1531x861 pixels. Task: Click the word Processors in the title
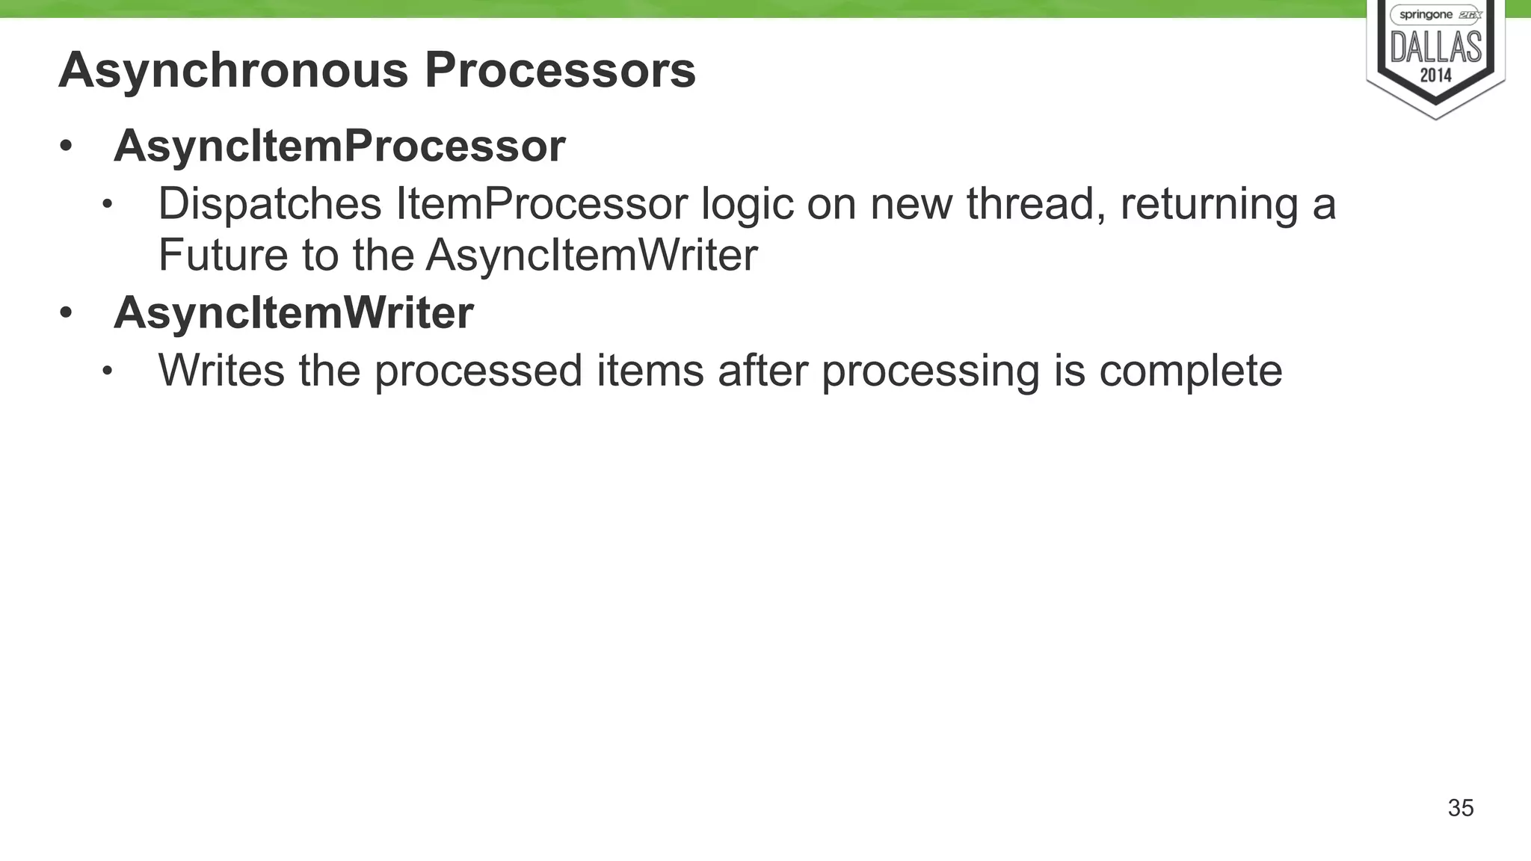point(560,71)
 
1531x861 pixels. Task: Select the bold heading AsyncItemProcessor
point(339,146)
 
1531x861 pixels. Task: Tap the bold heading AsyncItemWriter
point(293,312)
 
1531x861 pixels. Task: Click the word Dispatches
point(270,204)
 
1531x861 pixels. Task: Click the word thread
point(1035,204)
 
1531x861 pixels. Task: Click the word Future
point(223,255)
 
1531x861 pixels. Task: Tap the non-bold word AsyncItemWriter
point(591,255)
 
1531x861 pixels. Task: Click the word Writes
point(221,370)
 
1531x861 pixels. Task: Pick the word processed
point(478,371)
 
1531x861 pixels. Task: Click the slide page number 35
point(1460,808)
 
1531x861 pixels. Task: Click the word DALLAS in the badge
point(1435,47)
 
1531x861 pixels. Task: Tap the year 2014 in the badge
point(1435,75)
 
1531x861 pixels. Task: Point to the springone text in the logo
point(1426,15)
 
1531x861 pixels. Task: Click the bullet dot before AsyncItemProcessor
point(66,147)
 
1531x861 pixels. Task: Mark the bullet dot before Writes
point(108,371)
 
